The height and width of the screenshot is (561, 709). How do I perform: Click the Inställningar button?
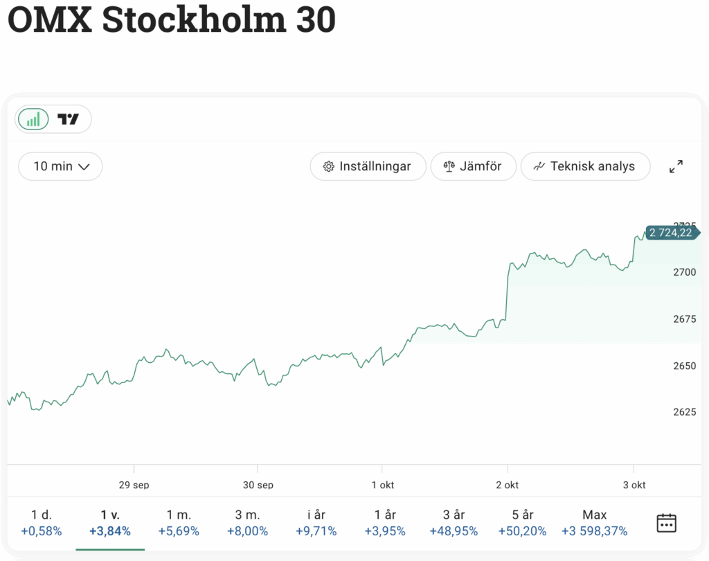pyautogui.click(x=367, y=166)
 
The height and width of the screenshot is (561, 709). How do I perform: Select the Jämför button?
pyautogui.click(x=474, y=166)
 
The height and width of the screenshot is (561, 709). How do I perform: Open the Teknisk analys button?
pyautogui.click(x=585, y=166)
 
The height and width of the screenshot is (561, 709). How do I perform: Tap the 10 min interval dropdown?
pyautogui.click(x=61, y=166)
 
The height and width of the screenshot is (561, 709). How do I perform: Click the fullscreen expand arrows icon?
pyautogui.click(x=676, y=166)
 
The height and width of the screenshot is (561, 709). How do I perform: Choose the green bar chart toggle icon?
pyautogui.click(x=33, y=119)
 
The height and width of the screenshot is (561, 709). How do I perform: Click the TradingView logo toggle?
pyautogui.click(x=68, y=119)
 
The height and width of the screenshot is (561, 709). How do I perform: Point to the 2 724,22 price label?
pyautogui.click(x=670, y=233)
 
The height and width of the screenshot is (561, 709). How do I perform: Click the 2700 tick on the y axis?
pyautogui.click(x=684, y=272)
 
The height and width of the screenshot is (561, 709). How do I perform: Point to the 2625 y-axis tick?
pyautogui.click(x=684, y=412)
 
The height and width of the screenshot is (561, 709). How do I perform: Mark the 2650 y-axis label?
pyautogui.click(x=684, y=366)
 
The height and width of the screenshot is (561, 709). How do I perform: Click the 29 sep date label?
pyautogui.click(x=134, y=485)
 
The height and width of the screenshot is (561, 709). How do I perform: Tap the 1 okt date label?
pyautogui.click(x=382, y=485)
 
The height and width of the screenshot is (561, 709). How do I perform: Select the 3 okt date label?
pyautogui.click(x=634, y=485)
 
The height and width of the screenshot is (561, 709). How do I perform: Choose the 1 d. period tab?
pyautogui.click(x=42, y=523)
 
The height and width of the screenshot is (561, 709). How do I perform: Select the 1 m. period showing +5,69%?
pyautogui.click(x=179, y=523)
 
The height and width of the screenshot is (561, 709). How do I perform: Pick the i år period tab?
pyautogui.click(x=316, y=523)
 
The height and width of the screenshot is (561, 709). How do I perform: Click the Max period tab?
pyautogui.click(x=594, y=523)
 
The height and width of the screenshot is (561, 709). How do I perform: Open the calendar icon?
pyautogui.click(x=666, y=523)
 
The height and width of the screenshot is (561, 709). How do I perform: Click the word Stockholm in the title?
pyautogui.click(x=194, y=21)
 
